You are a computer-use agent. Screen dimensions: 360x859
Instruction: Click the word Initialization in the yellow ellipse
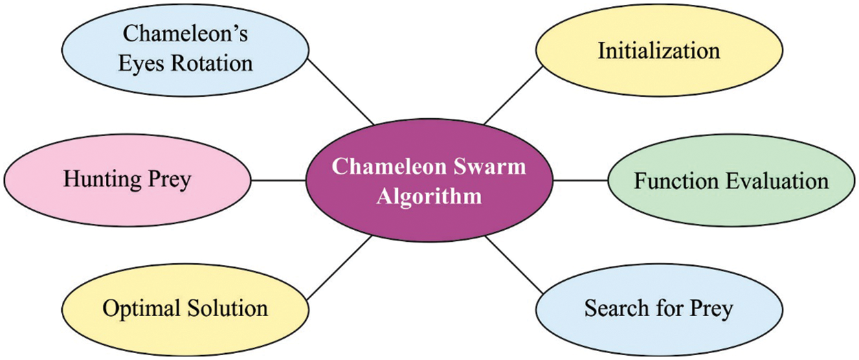(658, 51)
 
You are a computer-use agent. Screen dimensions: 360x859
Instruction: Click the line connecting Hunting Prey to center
(279, 181)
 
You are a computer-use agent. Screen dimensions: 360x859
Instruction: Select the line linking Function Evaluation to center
(581, 181)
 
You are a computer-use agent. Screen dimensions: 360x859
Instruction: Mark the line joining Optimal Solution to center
(338, 267)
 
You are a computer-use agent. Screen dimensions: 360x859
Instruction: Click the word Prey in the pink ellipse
(169, 181)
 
